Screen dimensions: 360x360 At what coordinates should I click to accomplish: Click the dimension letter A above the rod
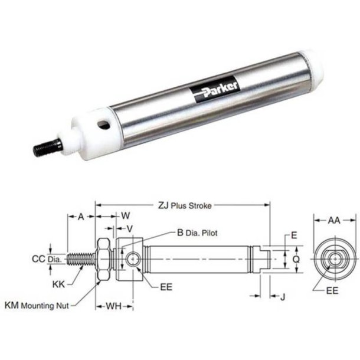81,217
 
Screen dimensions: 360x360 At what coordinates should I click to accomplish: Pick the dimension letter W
125,217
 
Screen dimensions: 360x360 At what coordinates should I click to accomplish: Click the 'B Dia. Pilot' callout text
197,233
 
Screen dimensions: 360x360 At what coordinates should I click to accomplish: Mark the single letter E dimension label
293,235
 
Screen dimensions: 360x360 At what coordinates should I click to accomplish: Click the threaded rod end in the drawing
80,259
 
